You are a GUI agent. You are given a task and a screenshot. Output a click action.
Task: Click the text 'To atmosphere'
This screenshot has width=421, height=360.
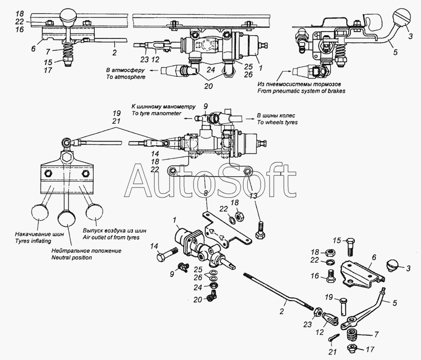click(126, 77)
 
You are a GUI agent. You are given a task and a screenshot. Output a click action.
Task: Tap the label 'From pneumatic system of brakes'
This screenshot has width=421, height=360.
click(301, 91)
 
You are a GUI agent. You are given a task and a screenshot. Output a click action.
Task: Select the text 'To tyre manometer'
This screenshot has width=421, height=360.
click(156, 113)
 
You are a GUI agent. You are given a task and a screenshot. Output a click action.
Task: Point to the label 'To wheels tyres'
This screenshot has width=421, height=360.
click(277, 123)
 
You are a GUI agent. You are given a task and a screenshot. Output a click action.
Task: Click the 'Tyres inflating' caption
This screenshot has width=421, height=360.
click(33, 241)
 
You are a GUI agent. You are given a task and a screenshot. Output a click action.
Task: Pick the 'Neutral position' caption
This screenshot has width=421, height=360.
click(72, 258)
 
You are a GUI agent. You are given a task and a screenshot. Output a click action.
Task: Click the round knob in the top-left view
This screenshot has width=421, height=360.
click(68, 17)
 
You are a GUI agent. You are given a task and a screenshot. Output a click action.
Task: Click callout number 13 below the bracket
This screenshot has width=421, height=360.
click(254, 196)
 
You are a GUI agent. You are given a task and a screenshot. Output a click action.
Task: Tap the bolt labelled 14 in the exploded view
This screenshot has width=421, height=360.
click(167, 254)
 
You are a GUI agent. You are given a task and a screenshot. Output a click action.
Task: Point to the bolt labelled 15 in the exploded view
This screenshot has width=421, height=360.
click(351, 247)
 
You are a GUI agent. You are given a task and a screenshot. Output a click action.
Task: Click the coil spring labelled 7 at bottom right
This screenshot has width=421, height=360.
click(352, 335)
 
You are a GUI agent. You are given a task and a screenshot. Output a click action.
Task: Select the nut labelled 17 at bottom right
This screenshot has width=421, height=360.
click(353, 348)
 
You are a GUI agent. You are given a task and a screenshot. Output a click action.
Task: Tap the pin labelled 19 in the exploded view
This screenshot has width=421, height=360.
click(344, 306)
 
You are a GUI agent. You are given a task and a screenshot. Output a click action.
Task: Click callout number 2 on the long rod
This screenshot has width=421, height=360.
click(282, 311)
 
